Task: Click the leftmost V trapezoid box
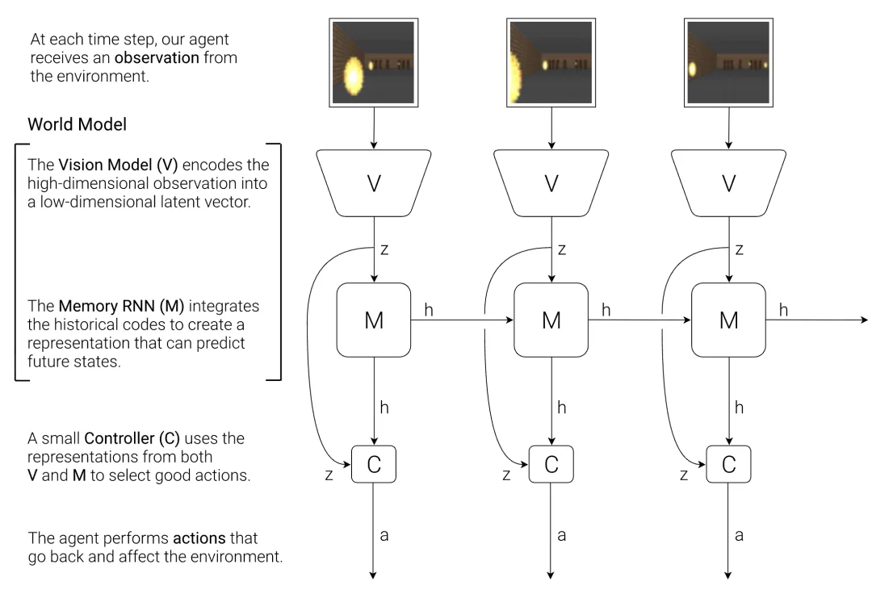[x=374, y=184]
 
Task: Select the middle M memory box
[x=551, y=320]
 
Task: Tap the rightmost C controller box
[x=729, y=464]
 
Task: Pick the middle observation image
[x=551, y=62]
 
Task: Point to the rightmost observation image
[x=729, y=62]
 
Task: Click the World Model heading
[x=77, y=125]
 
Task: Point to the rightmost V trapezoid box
[x=729, y=184]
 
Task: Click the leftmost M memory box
[x=374, y=320]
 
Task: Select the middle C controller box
[x=551, y=464]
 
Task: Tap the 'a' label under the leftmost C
[x=384, y=535]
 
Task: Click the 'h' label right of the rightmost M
[x=783, y=309]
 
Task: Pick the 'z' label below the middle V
[x=561, y=250]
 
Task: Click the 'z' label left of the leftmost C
[x=329, y=475]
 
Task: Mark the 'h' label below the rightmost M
[x=739, y=408]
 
